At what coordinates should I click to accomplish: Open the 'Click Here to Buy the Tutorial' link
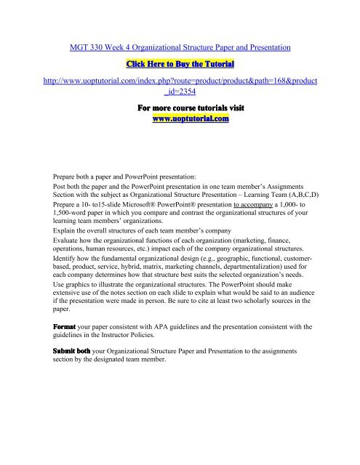click(180, 65)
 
